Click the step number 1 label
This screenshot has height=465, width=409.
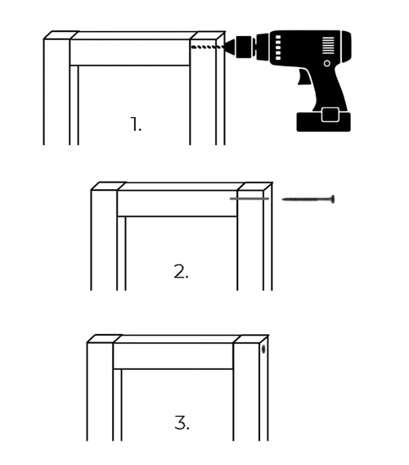coord(136,124)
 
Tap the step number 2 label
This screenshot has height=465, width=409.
coord(181,272)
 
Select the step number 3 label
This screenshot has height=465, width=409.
coord(182,422)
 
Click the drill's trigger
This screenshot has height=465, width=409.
coord(304,77)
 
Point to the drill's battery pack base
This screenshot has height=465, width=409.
coord(324,122)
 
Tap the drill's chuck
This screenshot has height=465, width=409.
coord(244,47)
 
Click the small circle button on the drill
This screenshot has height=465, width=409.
coord(327,64)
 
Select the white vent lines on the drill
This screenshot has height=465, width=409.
coord(328,45)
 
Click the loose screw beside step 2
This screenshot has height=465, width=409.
coord(308,199)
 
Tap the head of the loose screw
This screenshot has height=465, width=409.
coord(333,199)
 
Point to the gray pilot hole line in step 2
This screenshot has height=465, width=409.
coord(249,198)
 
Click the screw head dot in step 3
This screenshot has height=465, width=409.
coord(263,350)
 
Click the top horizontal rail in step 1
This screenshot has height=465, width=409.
coord(130,52)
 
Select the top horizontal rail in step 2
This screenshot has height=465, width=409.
coord(178,203)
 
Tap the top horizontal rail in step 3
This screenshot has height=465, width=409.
coord(173,356)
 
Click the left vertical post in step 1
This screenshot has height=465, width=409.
coord(57,92)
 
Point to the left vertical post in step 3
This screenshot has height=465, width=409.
coord(100,391)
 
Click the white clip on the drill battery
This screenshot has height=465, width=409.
coord(330,115)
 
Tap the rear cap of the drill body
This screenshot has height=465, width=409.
coord(346,47)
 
